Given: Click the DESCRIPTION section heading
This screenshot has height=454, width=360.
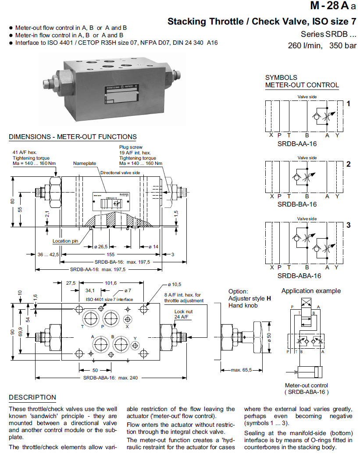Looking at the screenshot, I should pyautogui.click(x=32, y=397).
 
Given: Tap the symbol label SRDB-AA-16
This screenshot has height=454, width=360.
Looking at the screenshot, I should pyautogui.click(x=297, y=143).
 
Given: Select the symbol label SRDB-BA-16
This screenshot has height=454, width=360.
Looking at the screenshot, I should pyautogui.click(x=297, y=204).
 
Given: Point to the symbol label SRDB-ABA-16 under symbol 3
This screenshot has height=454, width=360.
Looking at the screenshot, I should pyautogui.click(x=299, y=275).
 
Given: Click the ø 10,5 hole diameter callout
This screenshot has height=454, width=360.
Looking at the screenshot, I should pyautogui.click(x=174, y=284).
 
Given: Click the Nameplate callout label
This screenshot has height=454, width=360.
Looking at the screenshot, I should pyautogui.click(x=84, y=163).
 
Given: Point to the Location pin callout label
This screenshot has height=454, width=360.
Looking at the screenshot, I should pyautogui.click(x=65, y=241).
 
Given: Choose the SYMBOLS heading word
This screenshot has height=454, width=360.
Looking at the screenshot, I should pyautogui.click(x=281, y=77).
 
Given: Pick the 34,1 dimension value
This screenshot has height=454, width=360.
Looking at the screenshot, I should pyautogui.click(x=90, y=290).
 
